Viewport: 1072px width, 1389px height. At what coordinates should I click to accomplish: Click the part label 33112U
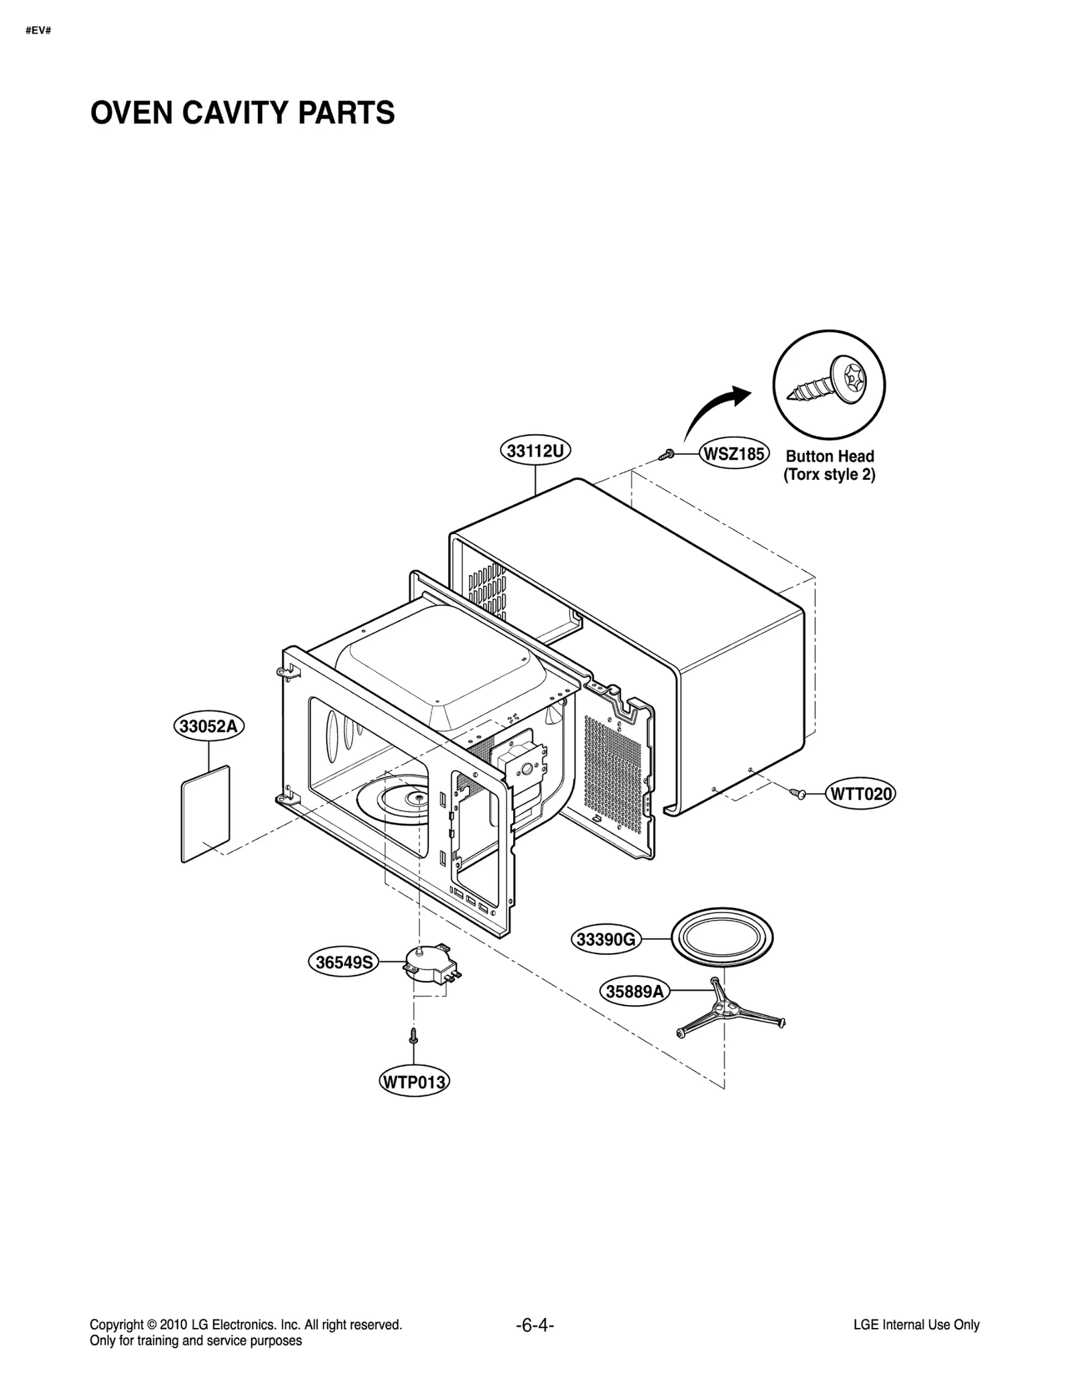(535, 451)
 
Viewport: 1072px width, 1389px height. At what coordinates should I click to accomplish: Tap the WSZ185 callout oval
(734, 454)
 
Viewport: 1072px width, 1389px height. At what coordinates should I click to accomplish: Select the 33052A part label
(209, 726)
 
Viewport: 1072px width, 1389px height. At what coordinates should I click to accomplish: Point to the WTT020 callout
(861, 794)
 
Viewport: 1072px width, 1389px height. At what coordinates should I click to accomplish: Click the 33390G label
(606, 939)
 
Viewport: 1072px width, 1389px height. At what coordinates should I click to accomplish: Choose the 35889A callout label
(634, 991)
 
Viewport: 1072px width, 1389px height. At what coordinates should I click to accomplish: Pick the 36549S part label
(344, 962)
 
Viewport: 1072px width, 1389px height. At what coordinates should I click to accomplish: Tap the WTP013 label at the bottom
(413, 1082)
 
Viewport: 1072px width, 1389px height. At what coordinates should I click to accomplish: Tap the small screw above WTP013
(413, 1036)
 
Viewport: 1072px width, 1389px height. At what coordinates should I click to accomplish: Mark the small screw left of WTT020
(797, 794)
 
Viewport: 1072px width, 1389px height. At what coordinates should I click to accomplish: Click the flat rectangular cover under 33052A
(206, 814)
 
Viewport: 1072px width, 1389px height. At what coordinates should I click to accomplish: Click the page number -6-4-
(535, 1325)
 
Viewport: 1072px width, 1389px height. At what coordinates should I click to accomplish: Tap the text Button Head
(829, 456)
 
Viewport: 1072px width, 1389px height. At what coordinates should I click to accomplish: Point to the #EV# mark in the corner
(38, 31)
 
